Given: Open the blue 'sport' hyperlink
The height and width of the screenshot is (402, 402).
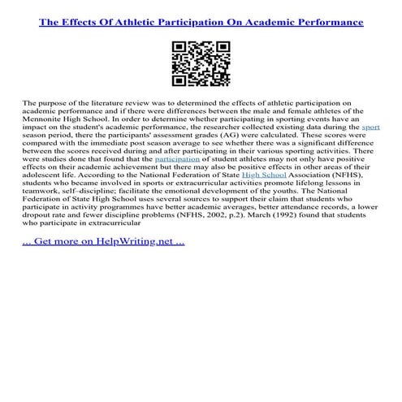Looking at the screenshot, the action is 370,128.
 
